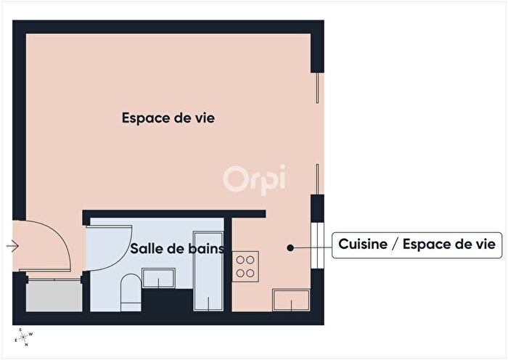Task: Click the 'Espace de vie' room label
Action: pos(168,118)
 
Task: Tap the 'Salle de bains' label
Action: pos(176,248)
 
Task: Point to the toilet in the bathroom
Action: pos(131,290)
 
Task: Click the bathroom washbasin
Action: pos(158,277)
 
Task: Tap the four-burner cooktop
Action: pos(246,266)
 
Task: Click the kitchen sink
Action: pos(291,299)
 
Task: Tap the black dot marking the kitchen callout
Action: pos(290,247)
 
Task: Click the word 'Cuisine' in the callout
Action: pos(363,245)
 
